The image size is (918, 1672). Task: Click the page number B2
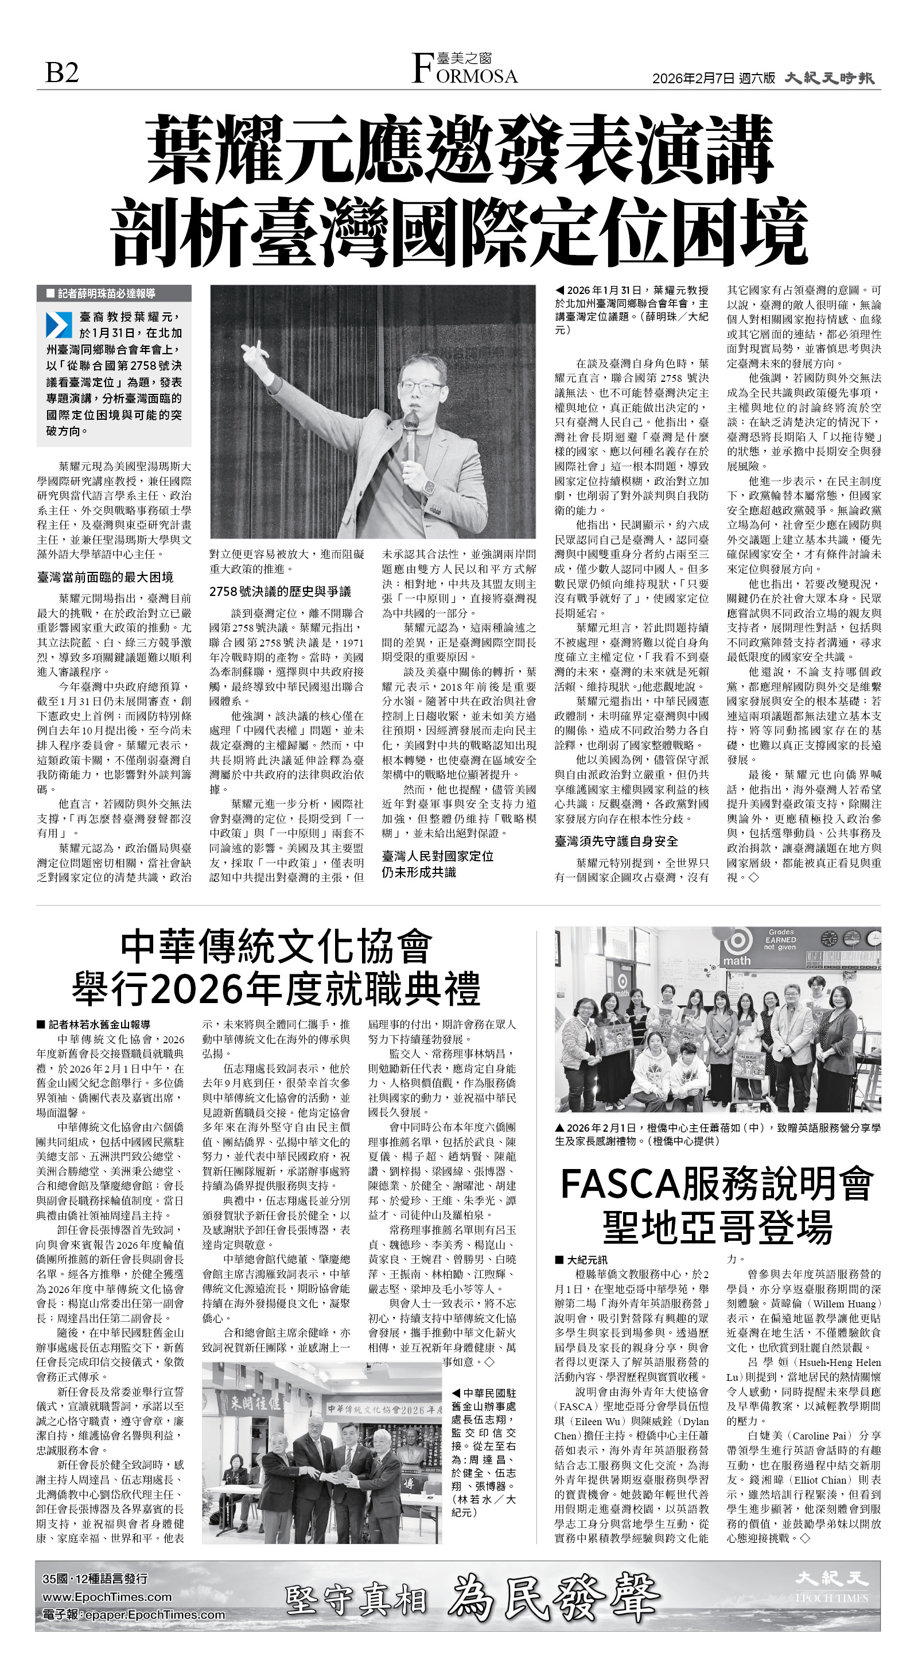63,72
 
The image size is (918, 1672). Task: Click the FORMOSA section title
465,73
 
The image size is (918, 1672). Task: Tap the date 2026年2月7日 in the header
694,79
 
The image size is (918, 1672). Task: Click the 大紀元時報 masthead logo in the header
829,78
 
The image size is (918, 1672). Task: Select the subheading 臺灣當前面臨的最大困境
105,577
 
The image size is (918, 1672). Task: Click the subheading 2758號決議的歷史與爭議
279,591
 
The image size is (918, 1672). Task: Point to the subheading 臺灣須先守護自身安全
616,841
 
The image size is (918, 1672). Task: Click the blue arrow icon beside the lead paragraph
59,325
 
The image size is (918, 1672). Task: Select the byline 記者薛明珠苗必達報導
106,293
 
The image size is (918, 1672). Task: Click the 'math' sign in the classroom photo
737,960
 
